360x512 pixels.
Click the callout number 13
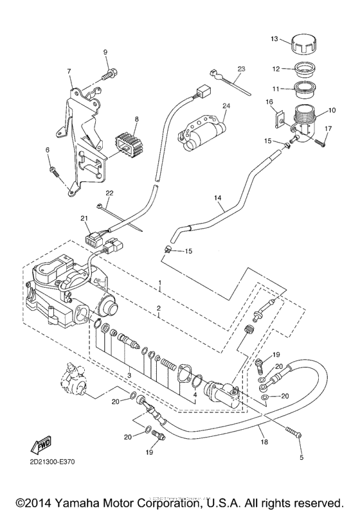click(273, 39)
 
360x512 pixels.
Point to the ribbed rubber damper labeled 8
click(127, 145)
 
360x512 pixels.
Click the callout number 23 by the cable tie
click(241, 68)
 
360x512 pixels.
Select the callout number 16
click(271, 102)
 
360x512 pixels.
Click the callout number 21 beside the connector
click(83, 220)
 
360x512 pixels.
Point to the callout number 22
click(109, 193)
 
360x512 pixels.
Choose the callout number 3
click(129, 375)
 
